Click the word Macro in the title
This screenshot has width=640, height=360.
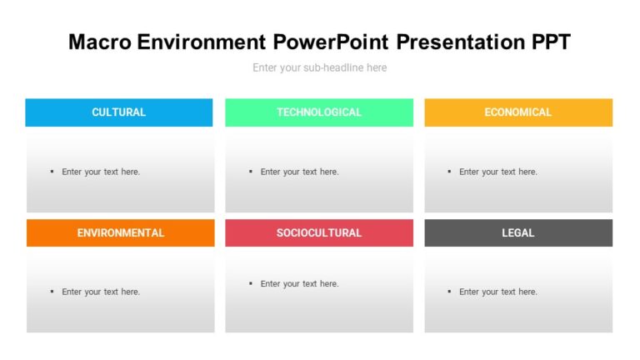(97, 42)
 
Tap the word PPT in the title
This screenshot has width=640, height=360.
(546, 42)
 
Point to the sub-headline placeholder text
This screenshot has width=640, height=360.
(320, 67)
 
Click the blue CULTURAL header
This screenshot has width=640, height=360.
(118, 112)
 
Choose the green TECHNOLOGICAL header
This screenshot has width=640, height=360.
(319, 112)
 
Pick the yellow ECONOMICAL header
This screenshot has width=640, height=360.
(518, 112)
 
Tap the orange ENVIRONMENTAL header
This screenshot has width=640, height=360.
(121, 233)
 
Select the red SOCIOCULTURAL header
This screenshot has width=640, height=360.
(319, 233)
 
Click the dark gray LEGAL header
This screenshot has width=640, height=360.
(518, 233)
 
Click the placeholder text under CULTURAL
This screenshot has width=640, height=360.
(101, 172)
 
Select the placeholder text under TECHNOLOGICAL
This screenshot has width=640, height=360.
(299, 172)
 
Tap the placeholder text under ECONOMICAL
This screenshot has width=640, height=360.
(498, 172)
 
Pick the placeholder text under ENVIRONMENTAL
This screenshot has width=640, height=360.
(101, 292)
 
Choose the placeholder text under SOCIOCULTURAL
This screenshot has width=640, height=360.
(299, 284)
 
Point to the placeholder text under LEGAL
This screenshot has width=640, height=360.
(498, 292)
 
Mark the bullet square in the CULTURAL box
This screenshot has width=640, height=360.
(52, 172)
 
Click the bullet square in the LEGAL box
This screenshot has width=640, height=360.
(450, 292)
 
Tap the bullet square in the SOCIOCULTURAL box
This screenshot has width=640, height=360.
(251, 283)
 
